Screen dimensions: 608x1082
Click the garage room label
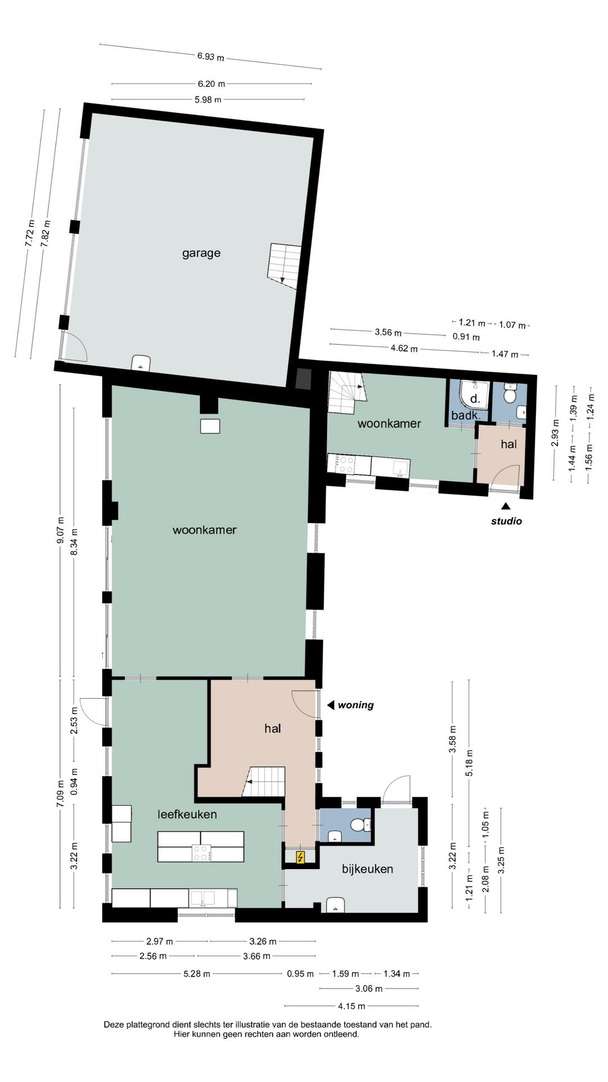[x=201, y=253]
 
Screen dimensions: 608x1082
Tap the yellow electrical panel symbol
[x=301, y=857]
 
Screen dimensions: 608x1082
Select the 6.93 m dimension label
[x=210, y=56]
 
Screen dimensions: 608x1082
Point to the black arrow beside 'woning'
[x=332, y=704]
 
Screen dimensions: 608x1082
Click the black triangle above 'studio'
[x=506, y=506]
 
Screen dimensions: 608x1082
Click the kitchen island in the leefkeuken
[x=200, y=846]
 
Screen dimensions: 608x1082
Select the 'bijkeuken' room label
[x=367, y=868]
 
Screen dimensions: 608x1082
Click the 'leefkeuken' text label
[x=187, y=814]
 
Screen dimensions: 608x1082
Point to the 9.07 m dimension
[x=60, y=531]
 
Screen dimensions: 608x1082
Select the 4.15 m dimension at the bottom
[x=351, y=1005]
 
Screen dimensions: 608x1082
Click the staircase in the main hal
[x=264, y=782]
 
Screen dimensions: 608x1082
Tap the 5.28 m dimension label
[x=196, y=973]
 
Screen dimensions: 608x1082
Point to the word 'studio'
[x=507, y=521]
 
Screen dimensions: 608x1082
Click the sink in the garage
[x=141, y=362]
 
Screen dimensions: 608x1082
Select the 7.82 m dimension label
[x=45, y=230]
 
